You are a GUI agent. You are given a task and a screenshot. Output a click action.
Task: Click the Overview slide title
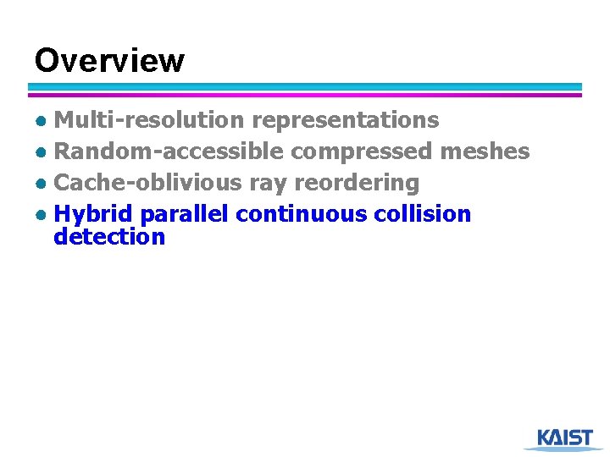click(x=108, y=61)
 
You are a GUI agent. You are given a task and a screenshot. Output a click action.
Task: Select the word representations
click(x=346, y=120)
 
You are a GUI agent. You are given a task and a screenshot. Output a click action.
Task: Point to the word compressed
click(x=363, y=152)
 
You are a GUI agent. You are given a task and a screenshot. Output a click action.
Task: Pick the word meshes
click(x=485, y=151)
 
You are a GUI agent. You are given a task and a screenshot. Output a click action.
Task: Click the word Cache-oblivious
click(x=148, y=182)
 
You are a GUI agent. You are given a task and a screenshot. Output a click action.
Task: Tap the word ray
click(x=269, y=184)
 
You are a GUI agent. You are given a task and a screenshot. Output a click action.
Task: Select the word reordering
click(x=357, y=183)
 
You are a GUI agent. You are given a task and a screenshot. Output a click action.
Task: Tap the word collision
click(x=422, y=213)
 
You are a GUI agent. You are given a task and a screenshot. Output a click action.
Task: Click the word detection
click(x=109, y=236)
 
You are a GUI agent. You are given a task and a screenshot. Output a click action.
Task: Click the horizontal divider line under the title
click(x=305, y=90)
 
